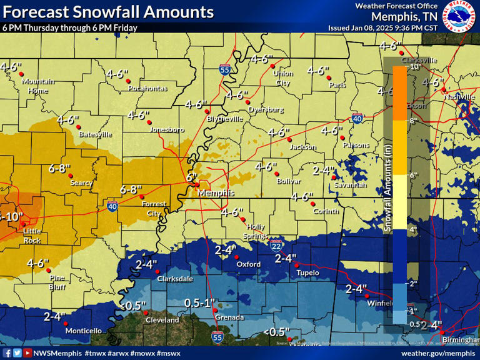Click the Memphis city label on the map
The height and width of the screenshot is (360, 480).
(216, 193)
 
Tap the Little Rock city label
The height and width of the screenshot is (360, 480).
(32, 236)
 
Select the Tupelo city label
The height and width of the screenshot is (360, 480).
(307, 272)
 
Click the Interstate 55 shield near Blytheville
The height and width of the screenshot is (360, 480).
(224, 69)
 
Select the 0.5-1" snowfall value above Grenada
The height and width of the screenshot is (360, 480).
(199, 302)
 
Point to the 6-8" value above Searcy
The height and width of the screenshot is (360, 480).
(60, 168)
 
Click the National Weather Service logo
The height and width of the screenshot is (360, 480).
(458, 16)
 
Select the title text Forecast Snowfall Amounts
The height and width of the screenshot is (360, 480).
(107, 12)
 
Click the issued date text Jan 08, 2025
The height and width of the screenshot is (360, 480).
(376, 28)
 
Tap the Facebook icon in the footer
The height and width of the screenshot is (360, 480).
(7, 353)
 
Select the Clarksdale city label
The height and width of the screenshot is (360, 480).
(174, 279)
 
